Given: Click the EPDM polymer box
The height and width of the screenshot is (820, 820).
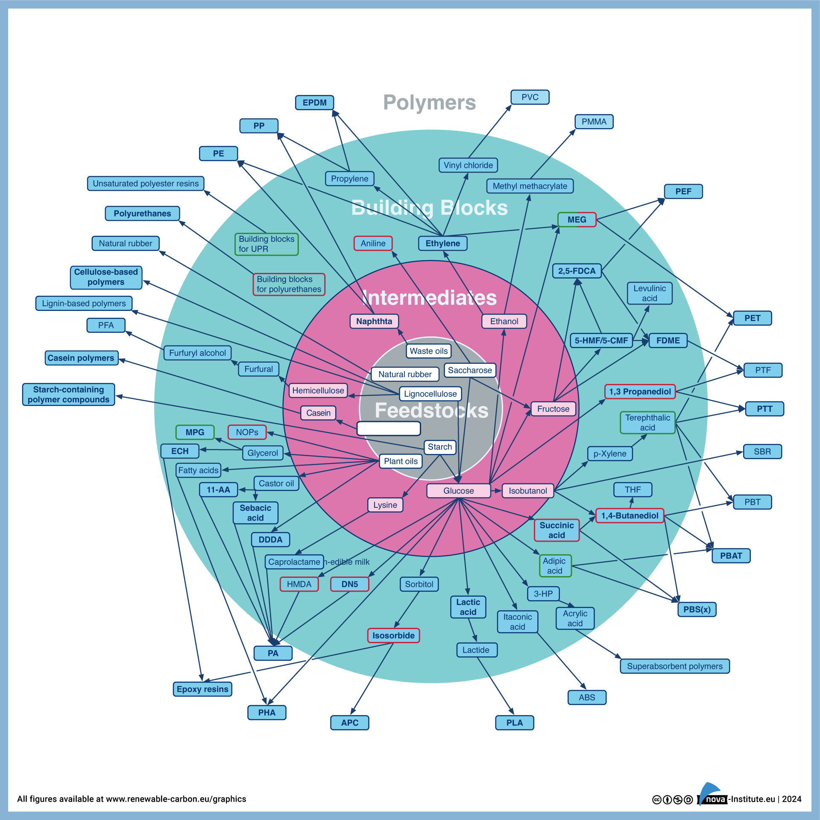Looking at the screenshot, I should click(x=314, y=102).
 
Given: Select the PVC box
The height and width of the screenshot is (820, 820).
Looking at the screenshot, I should click(x=530, y=97).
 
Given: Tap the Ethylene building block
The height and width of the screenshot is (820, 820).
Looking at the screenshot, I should click(x=442, y=243).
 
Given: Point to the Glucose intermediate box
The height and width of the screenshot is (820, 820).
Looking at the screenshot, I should click(x=458, y=491).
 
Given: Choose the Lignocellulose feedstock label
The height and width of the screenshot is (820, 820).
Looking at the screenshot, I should click(x=430, y=394).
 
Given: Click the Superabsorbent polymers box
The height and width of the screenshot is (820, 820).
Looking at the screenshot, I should click(x=674, y=666).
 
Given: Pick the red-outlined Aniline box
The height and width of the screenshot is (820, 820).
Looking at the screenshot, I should click(x=373, y=243).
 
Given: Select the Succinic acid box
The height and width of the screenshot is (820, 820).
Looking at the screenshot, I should click(x=556, y=530).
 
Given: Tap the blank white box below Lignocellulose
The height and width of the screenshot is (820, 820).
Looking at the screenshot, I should click(x=389, y=428).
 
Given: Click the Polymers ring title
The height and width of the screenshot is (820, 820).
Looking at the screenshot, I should click(x=429, y=102).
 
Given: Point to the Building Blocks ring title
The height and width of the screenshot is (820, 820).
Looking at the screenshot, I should click(x=429, y=208).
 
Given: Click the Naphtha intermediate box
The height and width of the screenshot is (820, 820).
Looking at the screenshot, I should click(x=374, y=321).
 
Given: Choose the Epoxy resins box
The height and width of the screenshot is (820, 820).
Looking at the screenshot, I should click(x=202, y=689).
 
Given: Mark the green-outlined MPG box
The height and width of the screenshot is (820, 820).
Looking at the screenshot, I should click(x=195, y=432).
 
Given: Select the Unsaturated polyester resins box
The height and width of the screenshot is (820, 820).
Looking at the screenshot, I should click(x=146, y=184).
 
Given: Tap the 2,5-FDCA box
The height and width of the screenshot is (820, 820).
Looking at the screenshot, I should click(x=577, y=271).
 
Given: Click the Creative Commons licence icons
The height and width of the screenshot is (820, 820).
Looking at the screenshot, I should click(x=672, y=799).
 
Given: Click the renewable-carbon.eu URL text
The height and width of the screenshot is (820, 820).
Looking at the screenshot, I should click(x=176, y=799).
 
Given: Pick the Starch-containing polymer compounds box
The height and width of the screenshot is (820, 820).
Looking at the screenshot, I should click(x=68, y=395).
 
